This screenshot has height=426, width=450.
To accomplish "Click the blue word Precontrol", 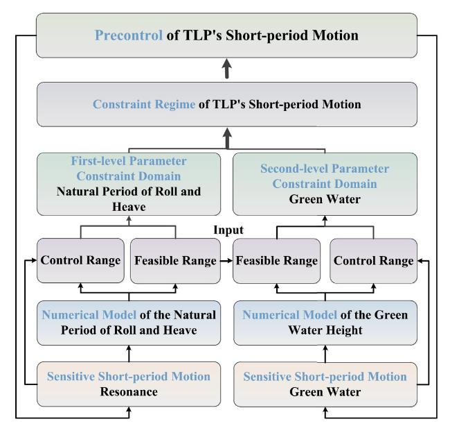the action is [x=129, y=35].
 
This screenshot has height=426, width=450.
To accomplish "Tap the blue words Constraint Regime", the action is [x=144, y=104].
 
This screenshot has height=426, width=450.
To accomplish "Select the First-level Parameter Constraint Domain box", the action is [x=129, y=184].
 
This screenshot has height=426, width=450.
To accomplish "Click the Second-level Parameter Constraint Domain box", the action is [x=325, y=184].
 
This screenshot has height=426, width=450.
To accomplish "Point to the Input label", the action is [x=228, y=230].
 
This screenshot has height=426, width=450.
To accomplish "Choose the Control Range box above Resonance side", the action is [x=80, y=261].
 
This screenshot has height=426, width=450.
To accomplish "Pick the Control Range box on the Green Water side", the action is [x=374, y=261].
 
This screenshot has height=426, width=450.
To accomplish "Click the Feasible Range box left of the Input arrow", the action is [x=175, y=261].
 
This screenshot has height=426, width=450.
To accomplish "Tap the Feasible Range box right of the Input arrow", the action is [x=277, y=261].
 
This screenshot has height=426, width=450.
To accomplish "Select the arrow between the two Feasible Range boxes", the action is [x=226, y=261].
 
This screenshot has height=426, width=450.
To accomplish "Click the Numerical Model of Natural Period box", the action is [x=129, y=323].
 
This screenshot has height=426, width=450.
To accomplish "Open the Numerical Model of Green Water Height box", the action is [x=325, y=323].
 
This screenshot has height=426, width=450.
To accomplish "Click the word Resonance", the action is [x=129, y=392].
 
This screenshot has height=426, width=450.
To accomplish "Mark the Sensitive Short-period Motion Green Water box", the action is [x=325, y=384].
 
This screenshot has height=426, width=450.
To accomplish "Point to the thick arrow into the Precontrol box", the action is [x=227, y=68].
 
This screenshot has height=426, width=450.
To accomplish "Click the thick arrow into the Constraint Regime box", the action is [x=227, y=138].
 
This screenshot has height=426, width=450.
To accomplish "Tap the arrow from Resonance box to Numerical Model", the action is [x=129, y=354].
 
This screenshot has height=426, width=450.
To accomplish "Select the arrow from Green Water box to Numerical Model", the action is [x=325, y=354].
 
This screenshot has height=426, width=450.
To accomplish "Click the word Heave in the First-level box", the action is [x=129, y=207].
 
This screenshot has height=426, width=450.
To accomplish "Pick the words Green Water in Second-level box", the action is [x=325, y=199].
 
